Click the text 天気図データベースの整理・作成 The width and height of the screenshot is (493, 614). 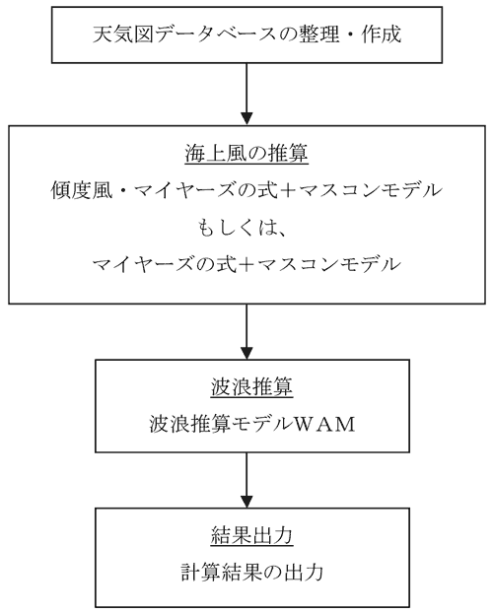click(x=246, y=34)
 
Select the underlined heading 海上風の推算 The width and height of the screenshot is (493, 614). click(x=246, y=154)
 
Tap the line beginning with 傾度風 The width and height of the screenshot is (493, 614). click(x=246, y=190)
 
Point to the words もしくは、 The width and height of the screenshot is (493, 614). click(x=242, y=228)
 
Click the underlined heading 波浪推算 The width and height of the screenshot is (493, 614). click(x=252, y=387)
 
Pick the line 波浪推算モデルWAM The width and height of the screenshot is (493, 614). click(x=252, y=424)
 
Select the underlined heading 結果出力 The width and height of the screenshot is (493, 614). click(x=252, y=535)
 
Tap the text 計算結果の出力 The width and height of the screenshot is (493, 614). click(x=252, y=572)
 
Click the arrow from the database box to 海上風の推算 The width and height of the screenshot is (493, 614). click(x=246, y=94)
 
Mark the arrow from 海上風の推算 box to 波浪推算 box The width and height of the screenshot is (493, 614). click(x=246, y=332)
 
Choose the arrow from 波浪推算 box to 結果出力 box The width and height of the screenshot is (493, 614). click(x=246, y=480)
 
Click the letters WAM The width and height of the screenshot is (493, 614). click(x=324, y=425)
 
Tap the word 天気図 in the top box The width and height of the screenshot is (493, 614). click(x=122, y=34)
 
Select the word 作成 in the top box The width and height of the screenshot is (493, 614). click(x=382, y=34)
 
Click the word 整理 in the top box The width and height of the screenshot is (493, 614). click(x=319, y=34)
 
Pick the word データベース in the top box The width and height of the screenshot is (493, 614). click(x=215, y=34)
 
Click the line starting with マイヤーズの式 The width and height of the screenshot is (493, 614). click(x=246, y=265)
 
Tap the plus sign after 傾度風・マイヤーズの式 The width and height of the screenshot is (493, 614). click(x=288, y=191)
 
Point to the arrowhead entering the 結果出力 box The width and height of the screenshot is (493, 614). click(x=246, y=502)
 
